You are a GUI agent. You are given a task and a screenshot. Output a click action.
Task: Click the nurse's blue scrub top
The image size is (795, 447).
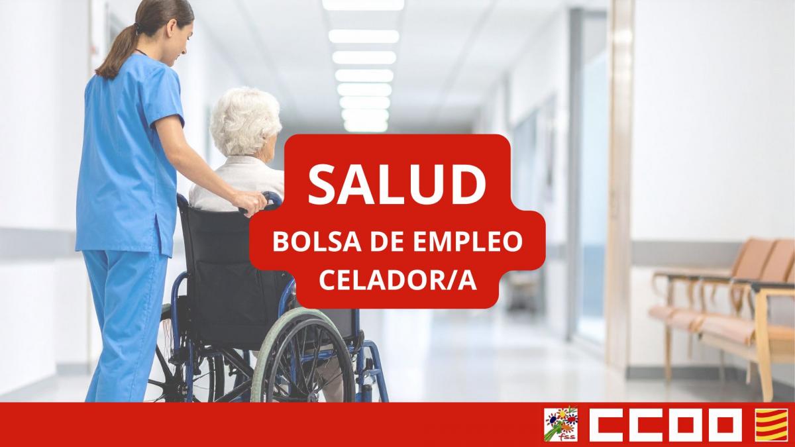(126, 152)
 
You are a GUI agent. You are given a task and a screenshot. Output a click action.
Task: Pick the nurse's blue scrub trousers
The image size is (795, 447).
(123, 318)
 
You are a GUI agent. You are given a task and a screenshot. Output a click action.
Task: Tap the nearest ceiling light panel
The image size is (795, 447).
(363, 5)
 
